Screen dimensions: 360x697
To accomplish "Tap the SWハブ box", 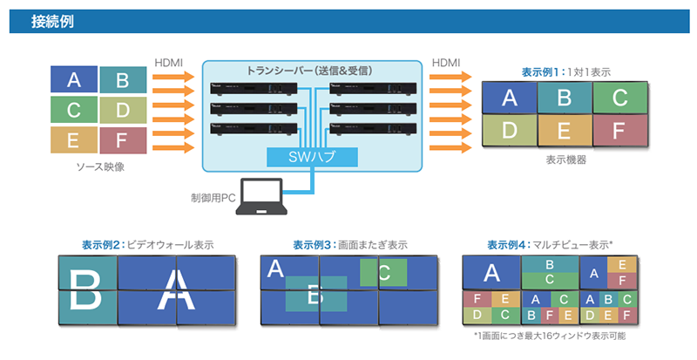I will [x=312, y=157].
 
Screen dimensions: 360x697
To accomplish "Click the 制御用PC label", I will [x=213, y=198].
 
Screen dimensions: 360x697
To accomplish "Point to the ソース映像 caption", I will [x=101, y=166].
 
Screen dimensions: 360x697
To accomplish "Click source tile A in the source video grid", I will [x=74, y=81].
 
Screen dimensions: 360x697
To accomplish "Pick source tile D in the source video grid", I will [x=123, y=110].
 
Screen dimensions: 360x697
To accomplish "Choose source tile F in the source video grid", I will [x=123, y=139].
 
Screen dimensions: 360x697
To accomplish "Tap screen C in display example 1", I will [x=619, y=97].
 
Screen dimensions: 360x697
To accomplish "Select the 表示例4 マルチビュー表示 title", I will [x=550, y=245].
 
